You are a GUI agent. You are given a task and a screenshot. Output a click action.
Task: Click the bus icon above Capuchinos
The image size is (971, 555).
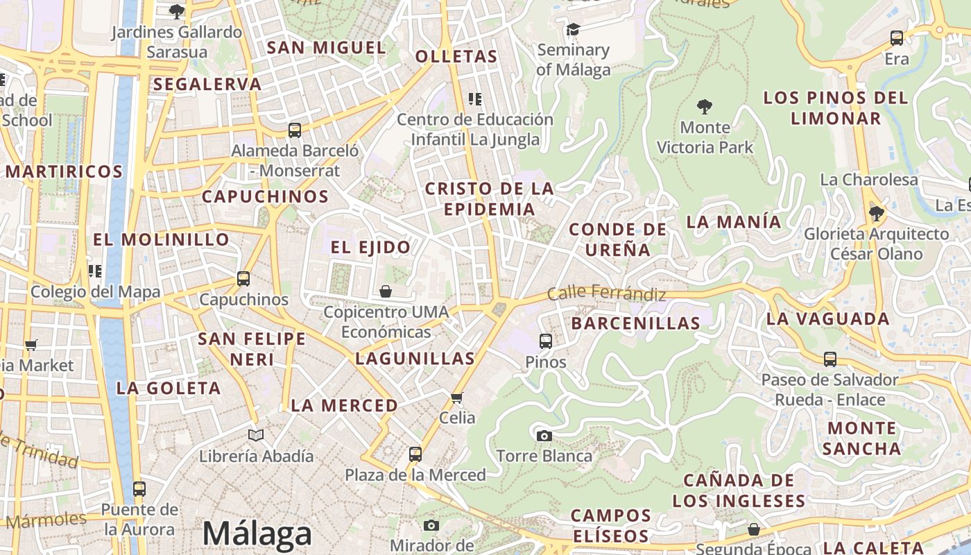click(243, 279)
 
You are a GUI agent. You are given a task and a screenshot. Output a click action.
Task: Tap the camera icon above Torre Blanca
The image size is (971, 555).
click(544, 436)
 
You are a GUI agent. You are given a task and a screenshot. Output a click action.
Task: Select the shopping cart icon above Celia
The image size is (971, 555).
click(457, 398)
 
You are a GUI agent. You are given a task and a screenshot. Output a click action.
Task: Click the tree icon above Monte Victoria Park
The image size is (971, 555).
click(705, 107)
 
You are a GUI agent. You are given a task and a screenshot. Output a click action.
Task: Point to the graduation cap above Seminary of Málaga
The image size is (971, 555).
click(573, 29)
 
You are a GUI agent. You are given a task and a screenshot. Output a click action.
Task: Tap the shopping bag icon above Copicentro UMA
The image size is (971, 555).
click(386, 291)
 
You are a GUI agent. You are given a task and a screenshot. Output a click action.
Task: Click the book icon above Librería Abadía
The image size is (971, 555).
click(256, 435)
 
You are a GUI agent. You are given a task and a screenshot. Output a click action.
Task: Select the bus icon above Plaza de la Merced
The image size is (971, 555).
click(415, 454)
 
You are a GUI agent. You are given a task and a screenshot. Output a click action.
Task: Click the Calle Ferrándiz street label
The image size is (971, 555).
click(606, 293)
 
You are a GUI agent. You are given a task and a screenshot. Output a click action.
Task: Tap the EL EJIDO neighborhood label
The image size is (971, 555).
click(370, 247)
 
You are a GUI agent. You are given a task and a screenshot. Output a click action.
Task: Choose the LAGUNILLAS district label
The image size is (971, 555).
click(415, 359)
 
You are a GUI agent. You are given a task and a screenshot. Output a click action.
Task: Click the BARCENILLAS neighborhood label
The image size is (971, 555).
click(635, 323)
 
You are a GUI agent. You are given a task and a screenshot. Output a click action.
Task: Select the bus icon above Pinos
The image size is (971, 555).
click(546, 341)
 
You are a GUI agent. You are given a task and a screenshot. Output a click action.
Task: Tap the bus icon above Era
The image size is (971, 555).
click(897, 38)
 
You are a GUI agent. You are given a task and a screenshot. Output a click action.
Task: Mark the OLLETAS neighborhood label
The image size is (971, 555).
click(456, 57)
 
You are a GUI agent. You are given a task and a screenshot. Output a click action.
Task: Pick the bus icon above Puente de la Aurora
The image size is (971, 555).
click(139, 488)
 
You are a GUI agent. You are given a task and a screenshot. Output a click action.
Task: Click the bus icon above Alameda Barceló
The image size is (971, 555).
click(295, 130)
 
